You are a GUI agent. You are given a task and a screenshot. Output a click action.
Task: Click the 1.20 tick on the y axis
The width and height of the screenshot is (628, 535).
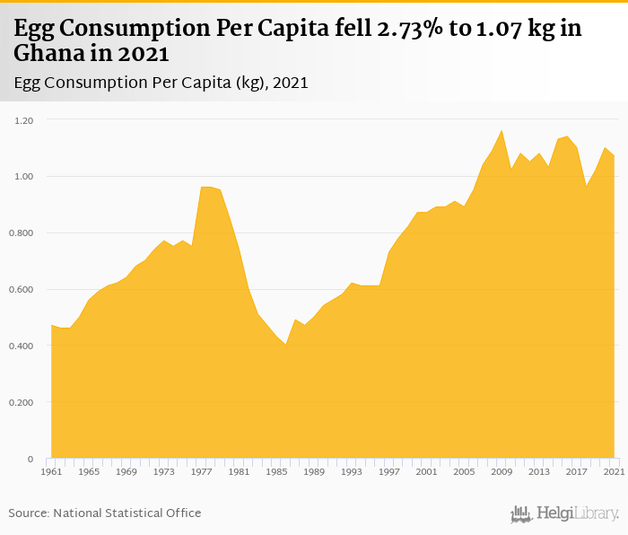pos(22,119)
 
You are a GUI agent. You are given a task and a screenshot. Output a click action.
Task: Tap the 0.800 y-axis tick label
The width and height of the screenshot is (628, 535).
pos(20,232)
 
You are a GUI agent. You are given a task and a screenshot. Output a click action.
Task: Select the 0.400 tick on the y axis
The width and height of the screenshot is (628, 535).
pos(20,346)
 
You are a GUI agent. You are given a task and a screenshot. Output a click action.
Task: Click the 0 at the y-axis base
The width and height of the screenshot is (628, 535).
pos(30,459)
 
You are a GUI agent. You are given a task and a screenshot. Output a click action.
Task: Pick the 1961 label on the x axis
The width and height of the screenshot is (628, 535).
pos(51,471)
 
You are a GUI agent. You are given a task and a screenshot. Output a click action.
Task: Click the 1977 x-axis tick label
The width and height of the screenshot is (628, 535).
pos(201,471)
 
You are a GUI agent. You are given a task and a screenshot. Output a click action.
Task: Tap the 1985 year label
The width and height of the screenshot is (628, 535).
pos(276,471)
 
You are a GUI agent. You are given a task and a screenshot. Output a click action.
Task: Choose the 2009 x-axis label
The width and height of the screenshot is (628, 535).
pos(502,471)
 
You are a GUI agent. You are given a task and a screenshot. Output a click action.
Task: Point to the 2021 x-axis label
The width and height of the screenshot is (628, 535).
pos(614,471)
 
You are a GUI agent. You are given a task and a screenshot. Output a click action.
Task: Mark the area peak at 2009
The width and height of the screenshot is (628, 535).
pos(502,131)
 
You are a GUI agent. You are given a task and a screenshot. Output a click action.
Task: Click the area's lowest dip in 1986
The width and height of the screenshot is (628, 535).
pos(286,345)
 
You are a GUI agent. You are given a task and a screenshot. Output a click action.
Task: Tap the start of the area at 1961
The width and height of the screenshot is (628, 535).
pos(51,326)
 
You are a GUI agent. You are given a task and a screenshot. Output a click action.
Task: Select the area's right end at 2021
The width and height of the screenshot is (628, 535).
pos(614,156)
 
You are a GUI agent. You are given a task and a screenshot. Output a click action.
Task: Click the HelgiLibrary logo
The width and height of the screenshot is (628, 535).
pos(565,513)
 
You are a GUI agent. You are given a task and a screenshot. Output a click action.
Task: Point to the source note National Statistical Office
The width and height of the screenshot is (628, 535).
pos(105,513)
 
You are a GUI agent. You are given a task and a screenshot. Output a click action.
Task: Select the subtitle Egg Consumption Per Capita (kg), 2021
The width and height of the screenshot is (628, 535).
pos(161,83)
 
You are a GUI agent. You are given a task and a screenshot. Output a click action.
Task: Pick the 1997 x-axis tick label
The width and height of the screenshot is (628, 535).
pos(388,471)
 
